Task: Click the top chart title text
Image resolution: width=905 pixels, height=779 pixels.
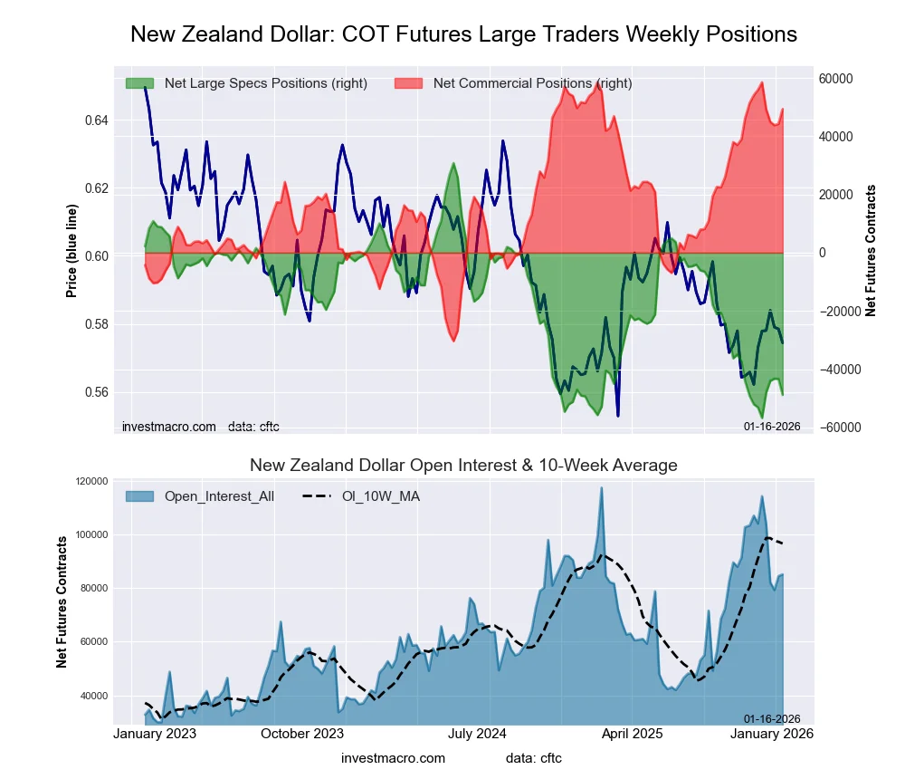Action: (x=463, y=34)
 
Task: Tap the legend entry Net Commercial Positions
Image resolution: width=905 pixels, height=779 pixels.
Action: (x=532, y=83)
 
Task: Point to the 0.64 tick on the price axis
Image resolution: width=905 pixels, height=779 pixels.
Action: (x=96, y=120)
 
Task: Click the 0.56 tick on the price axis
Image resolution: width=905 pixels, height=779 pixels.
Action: (x=96, y=392)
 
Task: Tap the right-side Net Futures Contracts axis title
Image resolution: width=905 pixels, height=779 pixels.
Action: (x=871, y=251)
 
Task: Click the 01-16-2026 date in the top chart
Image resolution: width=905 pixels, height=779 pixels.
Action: (x=772, y=427)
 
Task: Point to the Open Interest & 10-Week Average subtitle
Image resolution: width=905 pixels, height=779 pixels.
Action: (x=463, y=466)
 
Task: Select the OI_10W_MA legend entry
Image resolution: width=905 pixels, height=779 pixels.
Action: (x=380, y=495)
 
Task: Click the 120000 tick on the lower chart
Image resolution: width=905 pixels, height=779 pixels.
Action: (x=90, y=481)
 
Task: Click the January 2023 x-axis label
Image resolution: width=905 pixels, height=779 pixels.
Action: (x=157, y=734)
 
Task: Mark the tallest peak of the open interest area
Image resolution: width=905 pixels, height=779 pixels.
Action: (x=600, y=489)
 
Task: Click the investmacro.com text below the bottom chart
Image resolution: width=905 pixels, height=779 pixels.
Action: (x=394, y=758)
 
